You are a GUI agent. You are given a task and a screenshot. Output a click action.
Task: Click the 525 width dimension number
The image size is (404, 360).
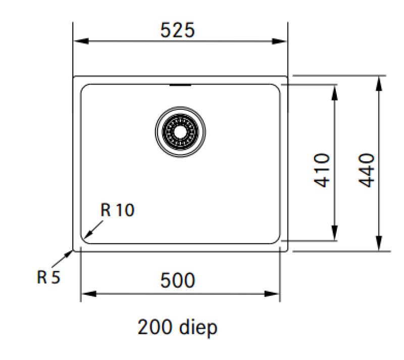click(177, 31)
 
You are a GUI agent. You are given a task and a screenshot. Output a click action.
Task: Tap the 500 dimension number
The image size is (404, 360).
click(177, 281)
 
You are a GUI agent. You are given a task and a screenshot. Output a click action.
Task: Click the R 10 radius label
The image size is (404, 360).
click(117, 210)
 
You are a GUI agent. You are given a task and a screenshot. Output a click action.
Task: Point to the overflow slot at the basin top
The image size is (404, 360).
click(180, 85)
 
